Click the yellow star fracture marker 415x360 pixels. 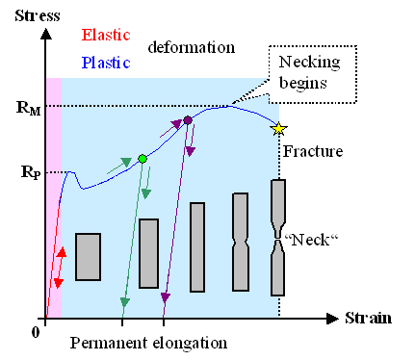click(x=279, y=127)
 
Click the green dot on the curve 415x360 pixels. click(x=143, y=158)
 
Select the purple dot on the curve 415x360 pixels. click(x=188, y=120)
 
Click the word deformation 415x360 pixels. click(x=192, y=46)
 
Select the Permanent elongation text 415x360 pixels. click(x=149, y=343)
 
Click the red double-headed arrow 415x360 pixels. click(x=59, y=267)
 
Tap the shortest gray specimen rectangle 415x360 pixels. click(x=88, y=257)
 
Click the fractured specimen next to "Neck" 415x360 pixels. click(x=277, y=236)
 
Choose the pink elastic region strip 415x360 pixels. click(x=53, y=193)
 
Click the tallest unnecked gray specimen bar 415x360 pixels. click(x=197, y=245)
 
